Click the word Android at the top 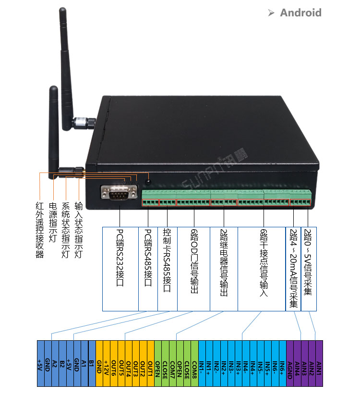pos(300,12)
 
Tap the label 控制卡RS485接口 pos(167,259)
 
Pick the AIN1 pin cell pos(319,364)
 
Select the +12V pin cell pos(107,364)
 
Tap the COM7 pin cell pos(172,364)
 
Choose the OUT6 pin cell pos(114,364)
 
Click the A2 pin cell pos(55,364)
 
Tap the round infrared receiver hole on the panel pos(148,182)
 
